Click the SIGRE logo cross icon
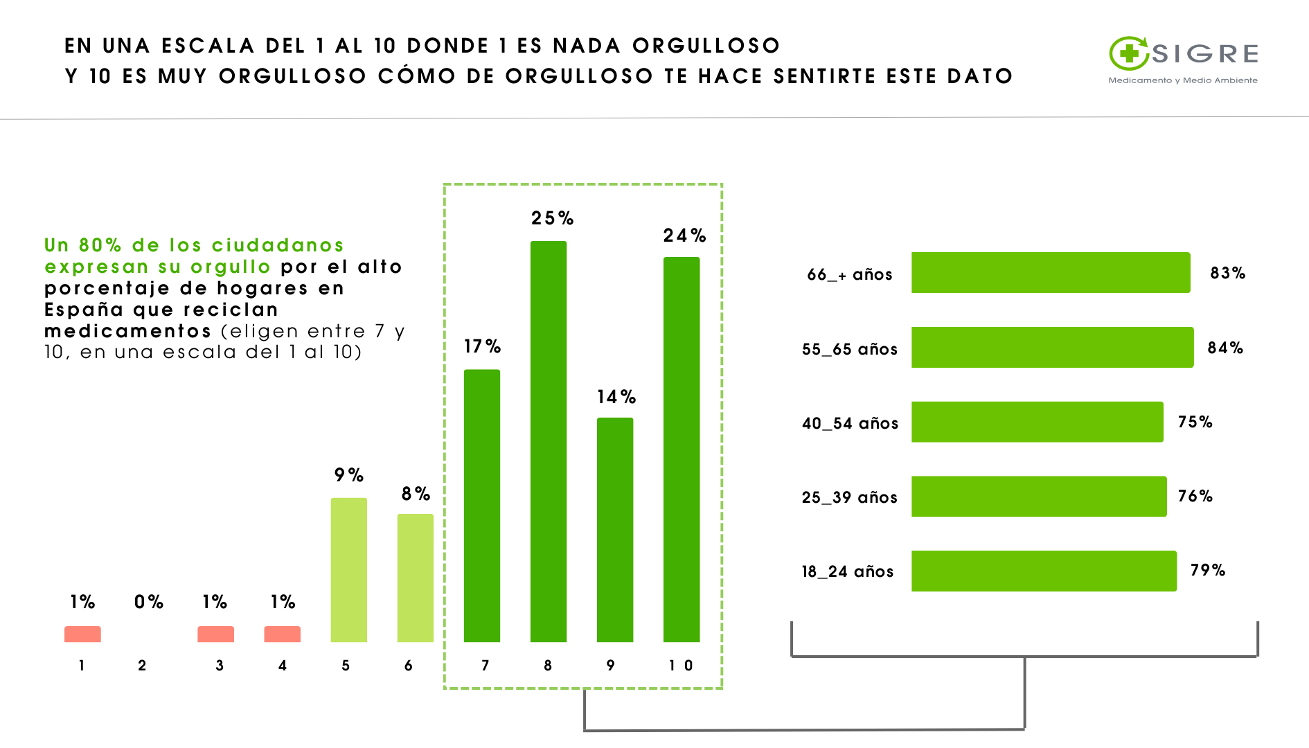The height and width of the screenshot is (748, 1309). [x=1129, y=53]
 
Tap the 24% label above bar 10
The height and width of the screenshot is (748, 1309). [x=684, y=235]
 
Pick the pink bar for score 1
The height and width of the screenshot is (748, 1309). [x=82, y=634]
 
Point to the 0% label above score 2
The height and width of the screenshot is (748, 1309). [x=149, y=602]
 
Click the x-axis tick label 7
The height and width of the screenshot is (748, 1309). [x=485, y=666]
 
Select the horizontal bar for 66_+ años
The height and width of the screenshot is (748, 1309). [x=1050, y=272]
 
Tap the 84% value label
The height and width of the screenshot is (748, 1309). [x=1225, y=348]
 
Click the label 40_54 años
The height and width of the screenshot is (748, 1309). [x=850, y=423]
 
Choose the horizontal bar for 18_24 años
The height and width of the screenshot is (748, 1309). [x=1043, y=571]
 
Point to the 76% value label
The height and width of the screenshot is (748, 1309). [x=1195, y=496]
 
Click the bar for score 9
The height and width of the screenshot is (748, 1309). [x=614, y=529]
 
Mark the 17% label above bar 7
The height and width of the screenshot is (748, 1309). [x=482, y=346]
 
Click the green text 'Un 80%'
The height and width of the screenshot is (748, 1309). [x=82, y=245]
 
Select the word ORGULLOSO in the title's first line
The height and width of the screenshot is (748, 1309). [x=706, y=46]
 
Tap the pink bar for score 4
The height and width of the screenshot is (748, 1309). [x=282, y=634]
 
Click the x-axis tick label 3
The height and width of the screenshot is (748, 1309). [x=219, y=666]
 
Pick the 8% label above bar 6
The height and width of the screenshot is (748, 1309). [x=416, y=494]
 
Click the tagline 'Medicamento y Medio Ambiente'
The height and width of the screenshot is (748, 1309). [x=1182, y=80]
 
